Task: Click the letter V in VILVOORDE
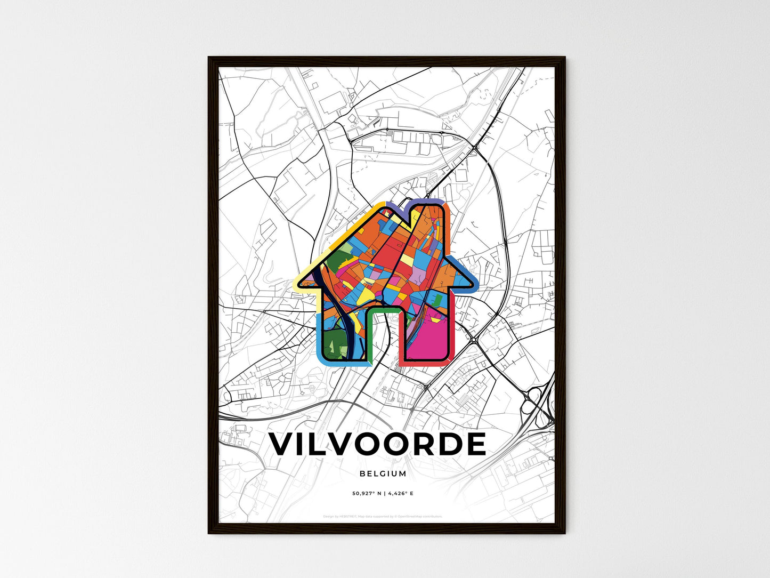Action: pos(283,444)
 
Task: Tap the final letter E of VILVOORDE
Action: pos(476,444)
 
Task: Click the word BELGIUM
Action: pos(383,473)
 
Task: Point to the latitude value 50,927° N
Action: pos(368,493)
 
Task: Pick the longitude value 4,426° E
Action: pos(400,493)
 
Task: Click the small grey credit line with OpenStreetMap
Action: pos(383,516)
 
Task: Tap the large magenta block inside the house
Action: pos(426,339)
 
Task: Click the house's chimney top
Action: pos(429,203)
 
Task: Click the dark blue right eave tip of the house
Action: pos(474,283)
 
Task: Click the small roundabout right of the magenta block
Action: pos(474,339)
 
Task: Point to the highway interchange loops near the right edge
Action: pos(536,405)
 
